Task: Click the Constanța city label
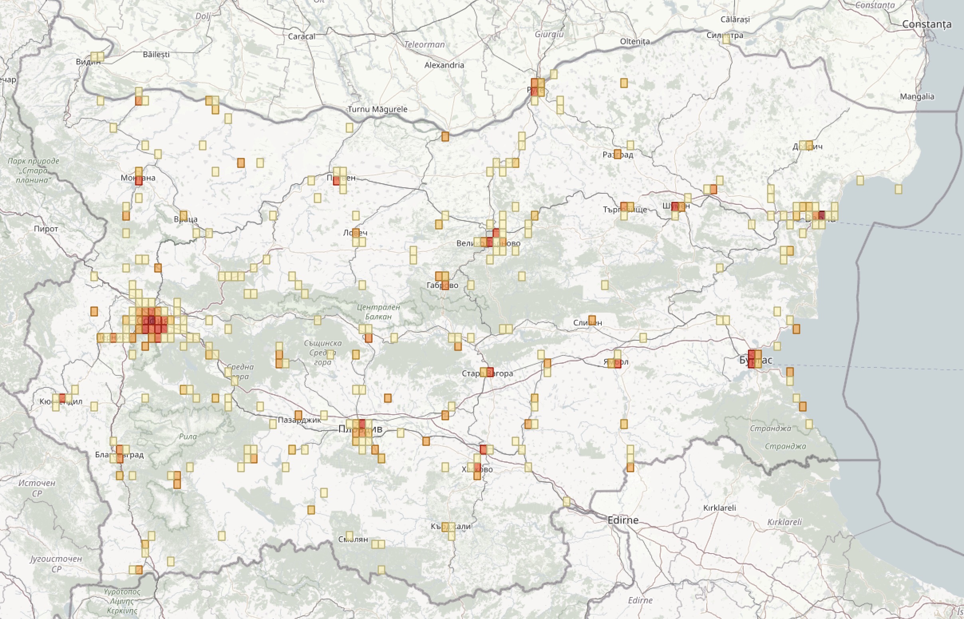(x=926, y=24)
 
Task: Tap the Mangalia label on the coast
(x=917, y=97)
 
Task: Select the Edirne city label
(x=623, y=520)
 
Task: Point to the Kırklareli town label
(x=719, y=508)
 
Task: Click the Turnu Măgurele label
(x=377, y=109)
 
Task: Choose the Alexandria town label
(x=444, y=65)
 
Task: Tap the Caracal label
(x=302, y=36)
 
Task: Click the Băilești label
(x=156, y=54)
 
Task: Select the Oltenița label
(x=635, y=41)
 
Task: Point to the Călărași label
(x=735, y=19)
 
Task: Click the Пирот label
(x=46, y=229)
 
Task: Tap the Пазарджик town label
(x=300, y=420)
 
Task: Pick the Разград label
(x=618, y=154)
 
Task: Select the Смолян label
(x=353, y=539)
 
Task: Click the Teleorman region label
(x=425, y=44)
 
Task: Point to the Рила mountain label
(x=188, y=436)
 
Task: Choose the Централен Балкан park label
(x=378, y=311)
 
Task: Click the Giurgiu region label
(x=549, y=34)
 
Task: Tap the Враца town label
(x=186, y=219)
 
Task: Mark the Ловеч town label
(x=356, y=232)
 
